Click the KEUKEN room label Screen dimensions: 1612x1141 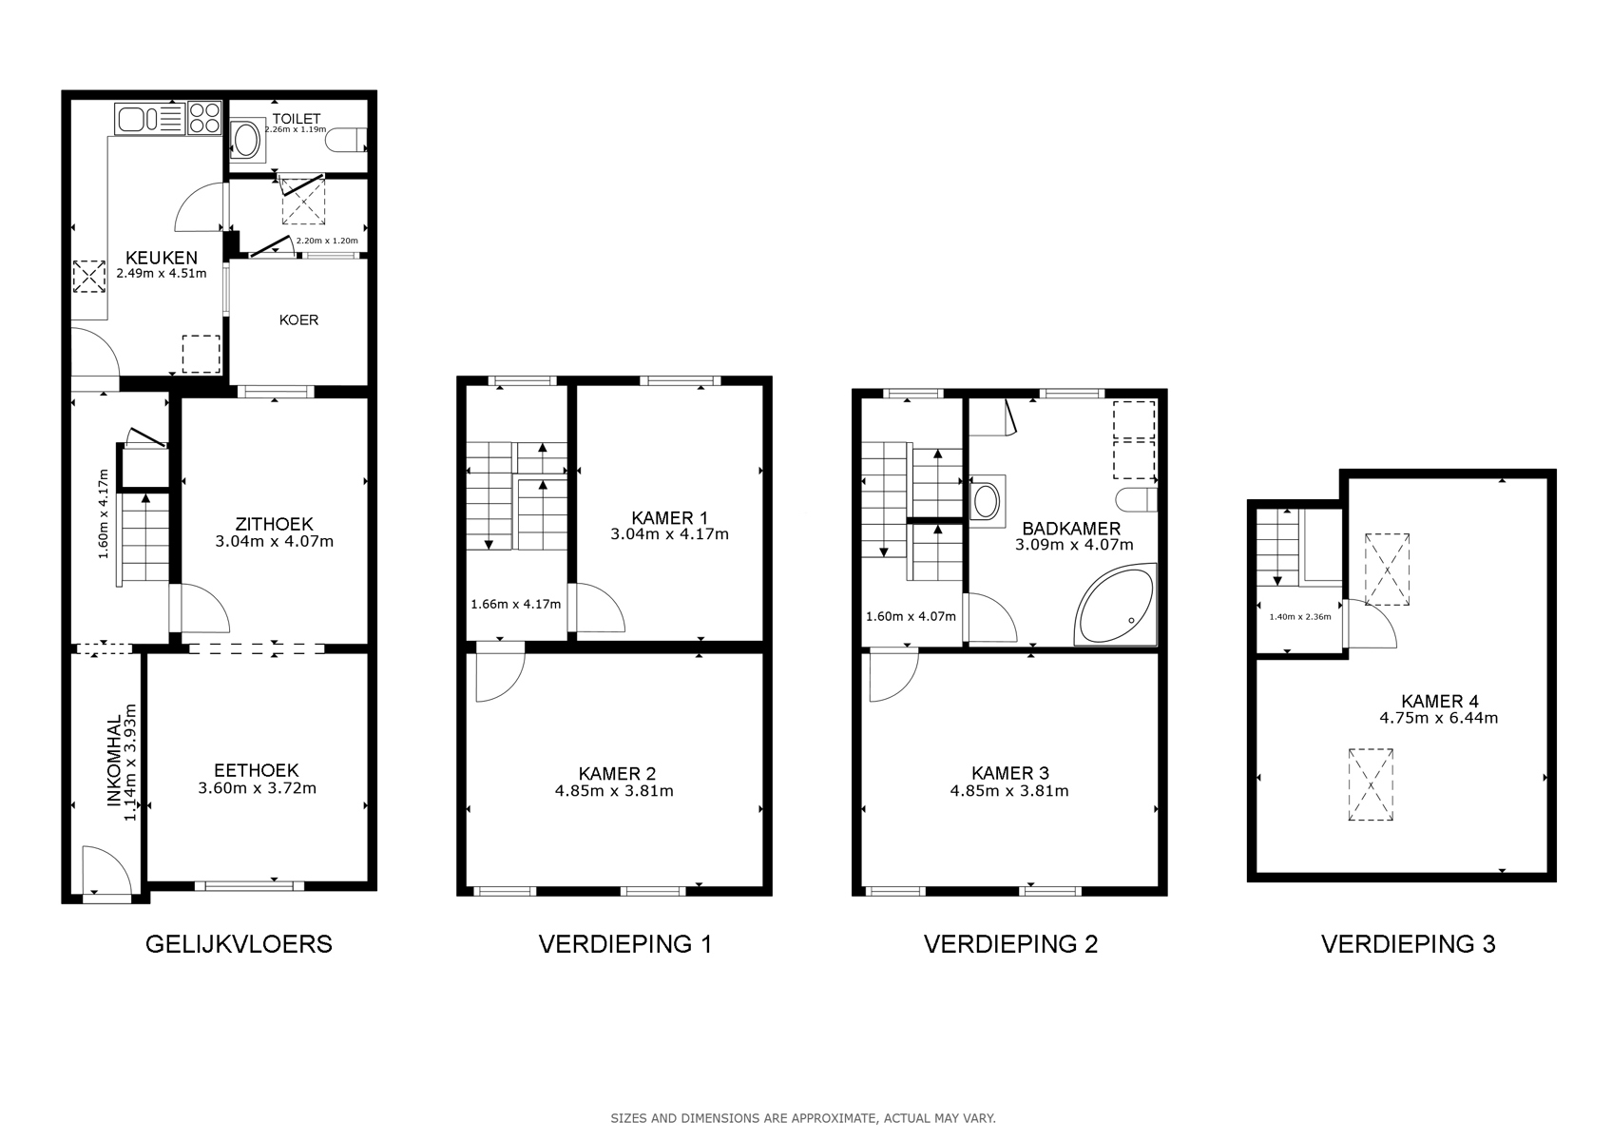pos(162,257)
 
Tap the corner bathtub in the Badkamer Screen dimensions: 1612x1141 pos(1115,605)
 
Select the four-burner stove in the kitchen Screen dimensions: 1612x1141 pos(204,119)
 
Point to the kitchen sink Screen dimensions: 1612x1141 pos(149,119)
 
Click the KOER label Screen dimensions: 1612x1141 pos(298,319)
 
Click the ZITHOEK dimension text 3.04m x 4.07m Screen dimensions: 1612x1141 pos(274,541)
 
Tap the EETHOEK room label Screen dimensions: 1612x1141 pos(257,770)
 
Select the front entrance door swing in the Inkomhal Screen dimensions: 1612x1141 pos(107,870)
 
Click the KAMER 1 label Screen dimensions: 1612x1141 pos(669,517)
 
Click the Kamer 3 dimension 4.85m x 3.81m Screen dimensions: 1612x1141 pos(1009,790)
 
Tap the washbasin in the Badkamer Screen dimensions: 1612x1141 pos(986,501)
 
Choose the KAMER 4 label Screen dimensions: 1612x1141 pos(1439,701)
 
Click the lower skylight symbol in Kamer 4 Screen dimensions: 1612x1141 pos(1371,784)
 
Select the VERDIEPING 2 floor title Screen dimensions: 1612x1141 pos(1010,944)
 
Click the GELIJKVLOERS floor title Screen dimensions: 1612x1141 pos(239,944)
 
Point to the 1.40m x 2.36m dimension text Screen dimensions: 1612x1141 pos(1299,617)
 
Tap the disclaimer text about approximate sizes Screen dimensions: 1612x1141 pos(803,1118)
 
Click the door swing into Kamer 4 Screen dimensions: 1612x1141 pos(1372,624)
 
